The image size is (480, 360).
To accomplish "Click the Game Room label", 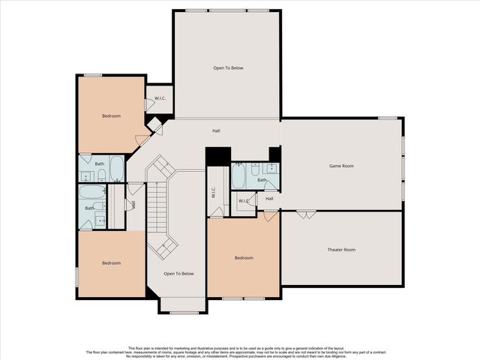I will (x=341, y=165).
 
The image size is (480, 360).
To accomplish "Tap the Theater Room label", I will (x=341, y=249).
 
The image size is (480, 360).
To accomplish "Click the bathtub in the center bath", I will (x=238, y=177).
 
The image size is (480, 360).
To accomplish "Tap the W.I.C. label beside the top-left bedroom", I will (x=160, y=99).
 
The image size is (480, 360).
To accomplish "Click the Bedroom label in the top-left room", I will (x=112, y=116).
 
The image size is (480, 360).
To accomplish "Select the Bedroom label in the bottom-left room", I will (x=111, y=262).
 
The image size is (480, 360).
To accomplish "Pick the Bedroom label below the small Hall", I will (x=244, y=258).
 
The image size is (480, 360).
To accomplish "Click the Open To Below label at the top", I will (x=228, y=68).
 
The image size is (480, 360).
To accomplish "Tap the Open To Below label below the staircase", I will (x=178, y=274).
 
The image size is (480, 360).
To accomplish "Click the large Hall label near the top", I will (x=216, y=131).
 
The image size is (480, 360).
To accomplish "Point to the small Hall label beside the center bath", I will (x=269, y=199).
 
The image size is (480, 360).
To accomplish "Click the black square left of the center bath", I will (x=216, y=156).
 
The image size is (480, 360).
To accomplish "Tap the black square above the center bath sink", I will (x=274, y=154).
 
